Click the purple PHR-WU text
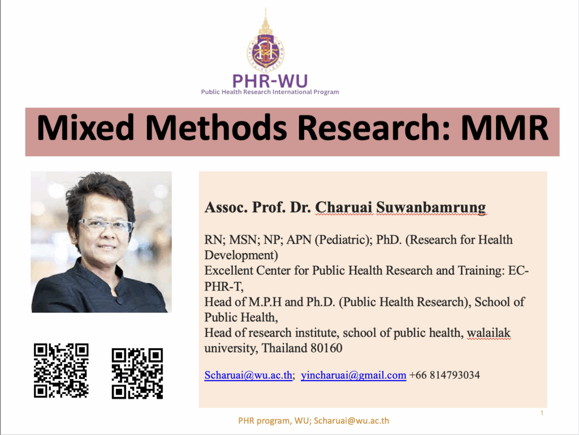tap(270, 81)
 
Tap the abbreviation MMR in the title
tap(504, 127)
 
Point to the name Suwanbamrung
tap(431, 207)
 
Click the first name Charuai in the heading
tap(344, 207)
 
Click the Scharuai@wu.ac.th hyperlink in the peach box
tap(248, 375)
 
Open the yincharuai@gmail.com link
tap(353, 375)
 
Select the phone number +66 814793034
tap(444, 375)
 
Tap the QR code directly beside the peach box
tap(137, 373)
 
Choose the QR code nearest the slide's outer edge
tap(61, 370)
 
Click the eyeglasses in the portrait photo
tap(106, 224)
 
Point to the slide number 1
tap(542, 413)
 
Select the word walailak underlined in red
tap(489, 333)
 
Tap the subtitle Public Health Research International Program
tap(270, 92)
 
